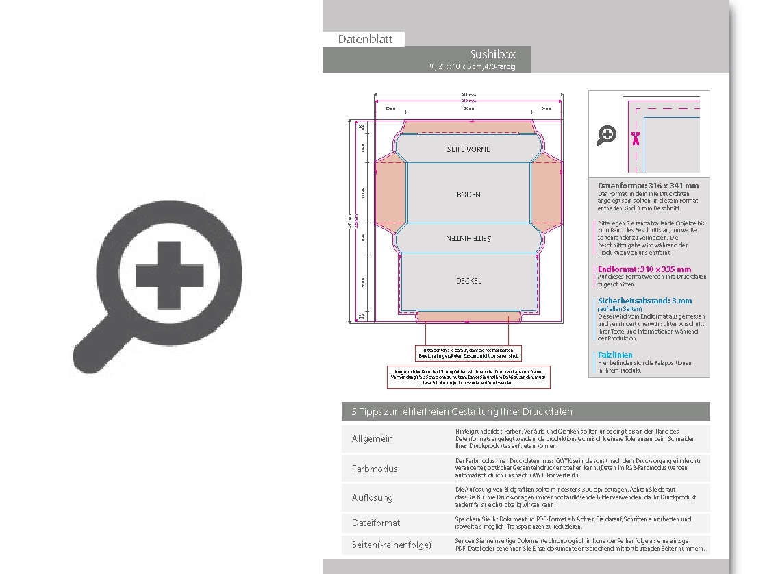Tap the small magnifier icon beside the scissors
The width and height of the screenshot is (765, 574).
click(x=606, y=136)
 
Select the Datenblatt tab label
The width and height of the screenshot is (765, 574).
click(x=365, y=39)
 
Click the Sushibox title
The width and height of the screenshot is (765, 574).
click(x=492, y=54)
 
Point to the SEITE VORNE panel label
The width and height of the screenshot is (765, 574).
click(x=468, y=149)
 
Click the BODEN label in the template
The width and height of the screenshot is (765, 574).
click(x=468, y=195)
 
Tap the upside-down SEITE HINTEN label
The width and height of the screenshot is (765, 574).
click(x=468, y=238)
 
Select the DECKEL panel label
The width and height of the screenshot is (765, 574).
click(x=468, y=281)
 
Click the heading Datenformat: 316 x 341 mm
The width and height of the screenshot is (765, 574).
click(x=648, y=186)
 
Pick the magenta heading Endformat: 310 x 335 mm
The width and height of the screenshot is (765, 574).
click(x=644, y=269)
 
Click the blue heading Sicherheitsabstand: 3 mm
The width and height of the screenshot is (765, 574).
click(x=644, y=301)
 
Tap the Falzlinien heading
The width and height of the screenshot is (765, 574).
click(x=615, y=355)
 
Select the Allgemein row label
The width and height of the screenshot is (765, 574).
click(x=373, y=438)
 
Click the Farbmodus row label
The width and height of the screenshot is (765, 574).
click(x=375, y=469)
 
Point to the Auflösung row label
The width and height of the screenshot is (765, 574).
click(x=373, y=497)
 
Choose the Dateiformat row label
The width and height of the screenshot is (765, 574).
click(x=376, y=523)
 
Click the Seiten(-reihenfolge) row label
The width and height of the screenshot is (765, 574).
click(x=392, y=545)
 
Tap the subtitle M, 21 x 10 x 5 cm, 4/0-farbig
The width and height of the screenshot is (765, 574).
click(x=471, y=66)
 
